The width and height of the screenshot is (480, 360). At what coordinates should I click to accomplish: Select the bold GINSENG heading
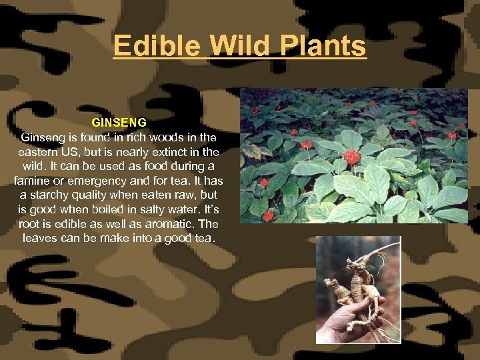pyautogui.click(x=119, y=123)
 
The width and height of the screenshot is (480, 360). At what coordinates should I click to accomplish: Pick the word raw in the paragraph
pyautogui.click(x=175, y=195)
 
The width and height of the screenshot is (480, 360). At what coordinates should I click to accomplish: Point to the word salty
pyautogui.click(x=160, y=209)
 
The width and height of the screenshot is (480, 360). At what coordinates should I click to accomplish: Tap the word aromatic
pyautogui.click(x=173, y=223)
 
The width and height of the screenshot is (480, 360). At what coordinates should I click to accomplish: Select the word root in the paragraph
pyautogui.click(x=31, y=223)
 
